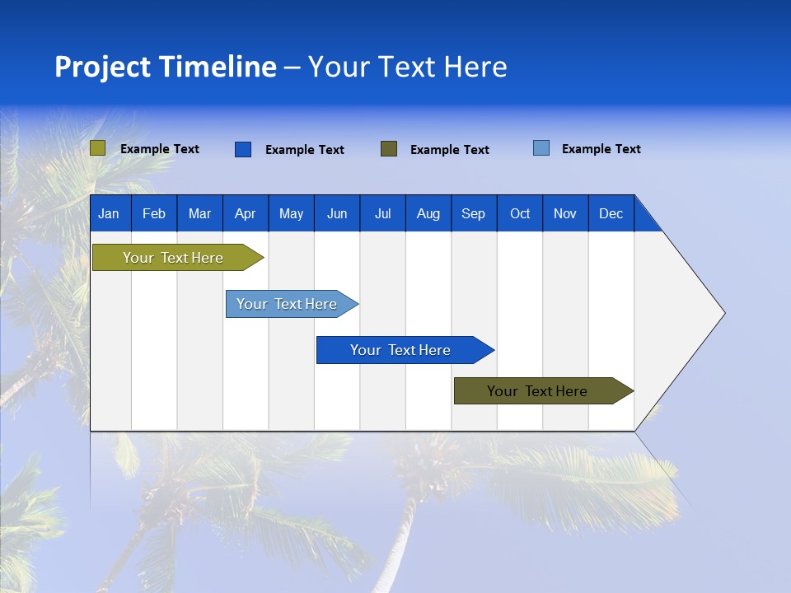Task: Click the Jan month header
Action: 110,213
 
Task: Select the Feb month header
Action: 154,213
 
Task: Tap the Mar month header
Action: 199,213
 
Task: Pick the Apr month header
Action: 246,213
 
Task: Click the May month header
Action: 291,213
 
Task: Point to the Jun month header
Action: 337,213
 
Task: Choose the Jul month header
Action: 382,213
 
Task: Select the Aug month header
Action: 428,213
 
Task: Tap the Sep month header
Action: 474,213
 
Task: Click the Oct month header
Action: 520,213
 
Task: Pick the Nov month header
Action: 565,213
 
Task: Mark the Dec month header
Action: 611,213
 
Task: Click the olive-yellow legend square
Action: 98,148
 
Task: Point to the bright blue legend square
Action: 243,149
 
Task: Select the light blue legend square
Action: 541,148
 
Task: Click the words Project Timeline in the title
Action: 166,67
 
